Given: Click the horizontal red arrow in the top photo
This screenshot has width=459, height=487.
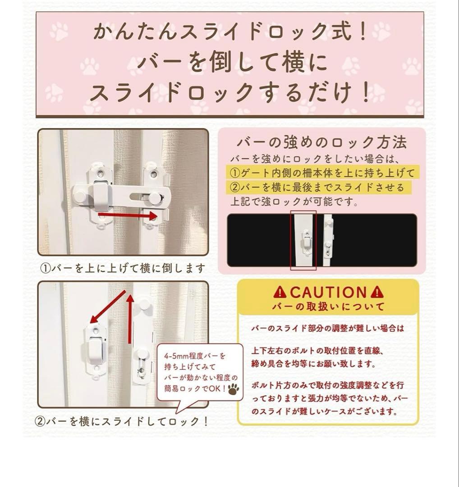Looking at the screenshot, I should tap(128, 216).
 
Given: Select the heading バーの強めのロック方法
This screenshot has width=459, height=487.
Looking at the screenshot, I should tap(322, 143).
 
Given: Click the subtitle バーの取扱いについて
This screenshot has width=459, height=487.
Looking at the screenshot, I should tap(328, 307).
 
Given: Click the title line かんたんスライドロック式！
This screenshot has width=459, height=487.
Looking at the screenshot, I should tap(230, 33).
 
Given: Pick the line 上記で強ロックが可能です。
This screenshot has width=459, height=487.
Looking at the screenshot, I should tap(289, 202).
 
